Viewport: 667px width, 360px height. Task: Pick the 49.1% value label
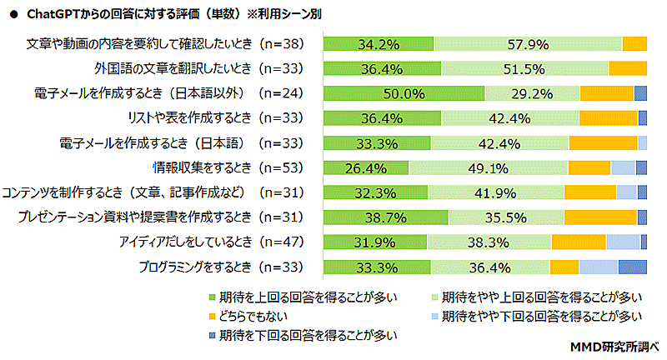click(487, 167)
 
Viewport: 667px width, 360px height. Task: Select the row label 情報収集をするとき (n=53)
click(221, 167)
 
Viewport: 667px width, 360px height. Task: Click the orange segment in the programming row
click(564, 267)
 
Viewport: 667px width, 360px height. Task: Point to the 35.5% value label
click(505, 217)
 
